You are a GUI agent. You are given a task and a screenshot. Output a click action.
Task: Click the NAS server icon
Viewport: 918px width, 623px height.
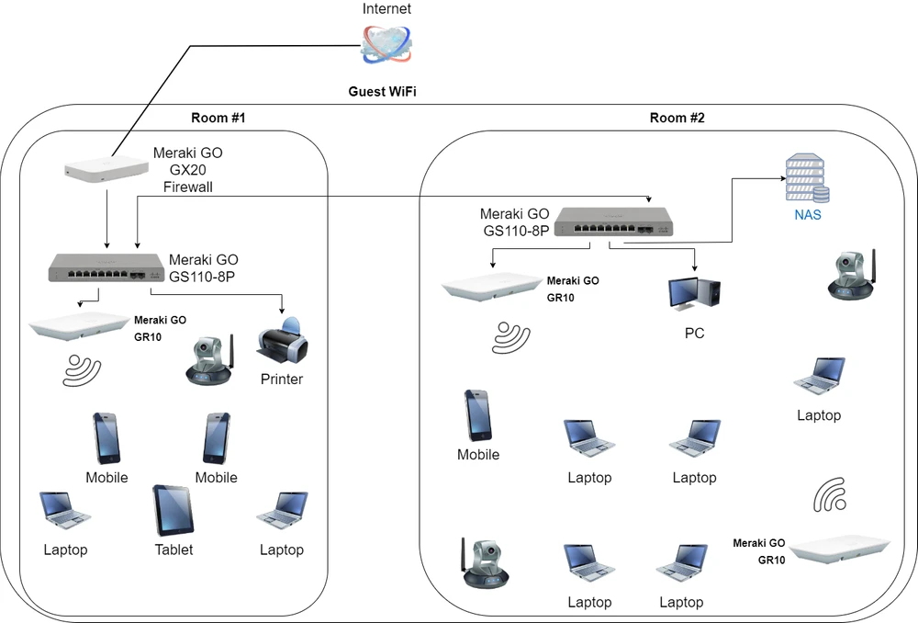(x=805, y=179)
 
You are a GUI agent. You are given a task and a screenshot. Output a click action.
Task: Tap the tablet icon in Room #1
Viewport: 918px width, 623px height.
(x=174, y=510)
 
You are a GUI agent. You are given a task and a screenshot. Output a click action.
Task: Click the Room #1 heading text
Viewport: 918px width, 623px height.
(x=218, y=118)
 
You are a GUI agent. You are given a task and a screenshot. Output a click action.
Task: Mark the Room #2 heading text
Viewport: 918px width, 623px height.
(x=677, y=118)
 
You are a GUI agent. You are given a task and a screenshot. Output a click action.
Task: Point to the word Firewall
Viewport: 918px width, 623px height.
(x=188, y=187)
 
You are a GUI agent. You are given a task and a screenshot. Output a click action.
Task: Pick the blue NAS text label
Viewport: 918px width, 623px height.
(x=808, y=216)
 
